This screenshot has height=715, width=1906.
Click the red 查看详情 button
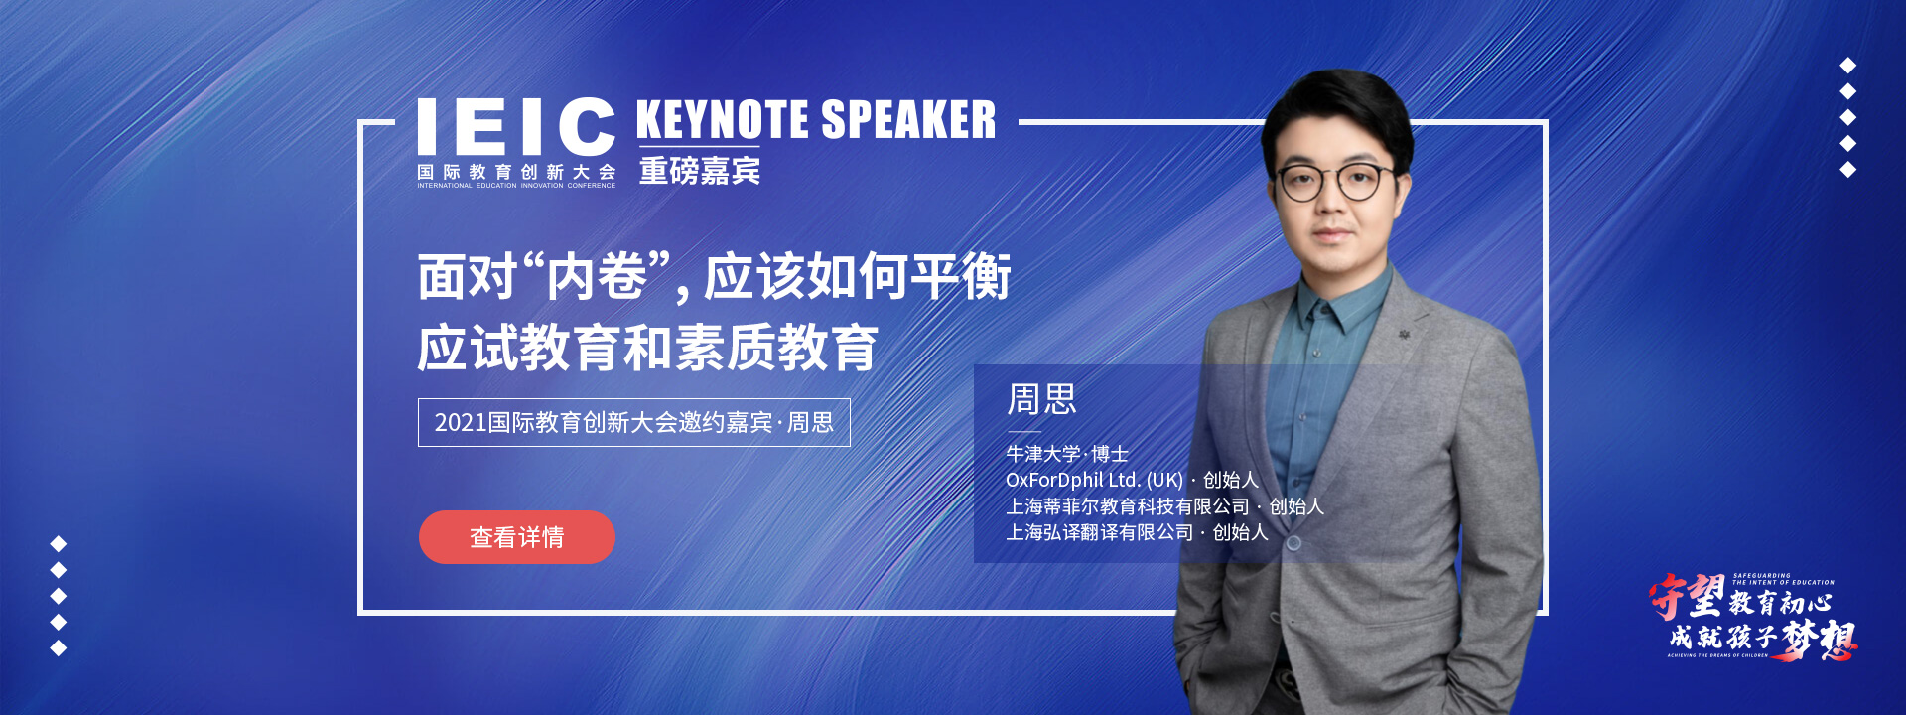516,537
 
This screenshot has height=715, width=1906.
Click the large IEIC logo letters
516,126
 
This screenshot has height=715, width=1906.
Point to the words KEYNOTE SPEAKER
815,120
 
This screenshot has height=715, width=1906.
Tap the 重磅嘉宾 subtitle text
700,171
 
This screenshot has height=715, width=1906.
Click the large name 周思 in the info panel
1041,399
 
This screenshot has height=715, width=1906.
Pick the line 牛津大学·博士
1067,454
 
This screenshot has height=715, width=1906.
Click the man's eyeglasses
1333,182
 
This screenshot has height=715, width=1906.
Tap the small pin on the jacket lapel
1405,335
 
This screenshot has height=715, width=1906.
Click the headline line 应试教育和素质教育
647,348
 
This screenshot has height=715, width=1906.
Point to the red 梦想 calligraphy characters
1819,640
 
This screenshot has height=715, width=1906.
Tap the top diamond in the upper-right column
1847,66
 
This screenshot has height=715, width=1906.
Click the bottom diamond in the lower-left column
59,648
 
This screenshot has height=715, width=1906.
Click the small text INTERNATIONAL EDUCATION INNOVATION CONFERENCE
516,186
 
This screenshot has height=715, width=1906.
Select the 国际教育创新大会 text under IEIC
516,172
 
